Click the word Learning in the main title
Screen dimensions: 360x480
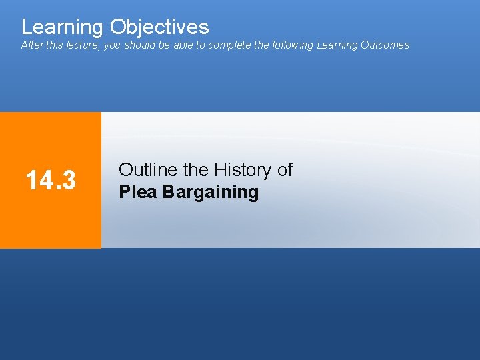(63, 27)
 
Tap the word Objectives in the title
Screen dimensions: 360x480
(159, 27)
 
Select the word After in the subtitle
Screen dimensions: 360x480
(31, 45)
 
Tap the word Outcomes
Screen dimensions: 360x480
(385, 45)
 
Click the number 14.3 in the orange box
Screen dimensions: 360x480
(50, 179)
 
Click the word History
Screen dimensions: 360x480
(243, 170)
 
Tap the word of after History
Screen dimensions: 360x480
(285, 170)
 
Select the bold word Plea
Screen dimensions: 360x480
(138, 192)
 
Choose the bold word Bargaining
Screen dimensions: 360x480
(211, 192)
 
